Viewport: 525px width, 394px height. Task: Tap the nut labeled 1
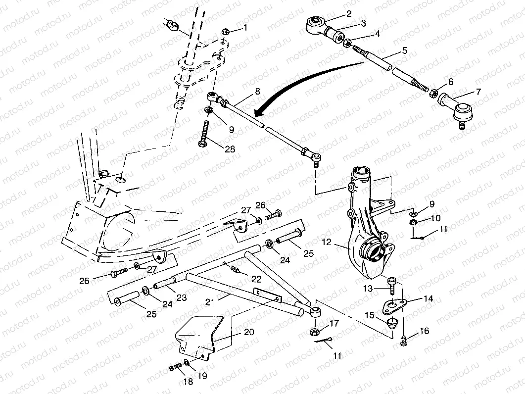click(x=224, y=31)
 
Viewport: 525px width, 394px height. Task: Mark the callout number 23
click(x=182, y=298)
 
